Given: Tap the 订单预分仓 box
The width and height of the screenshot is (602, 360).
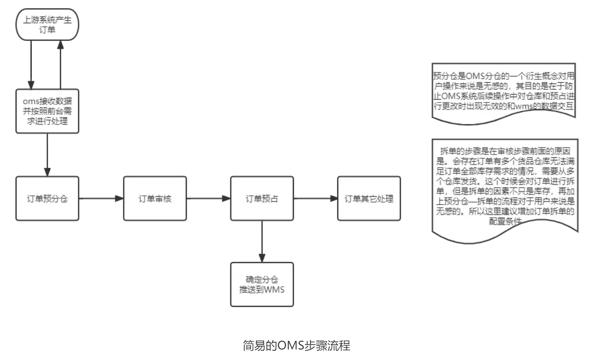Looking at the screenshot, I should pyautogui.click(x=47, y=198).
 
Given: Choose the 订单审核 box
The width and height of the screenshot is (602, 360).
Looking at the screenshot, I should pyautogui.click(x=155, y=198).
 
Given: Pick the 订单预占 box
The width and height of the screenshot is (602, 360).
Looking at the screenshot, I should pyautogui.click(x=262, y=198).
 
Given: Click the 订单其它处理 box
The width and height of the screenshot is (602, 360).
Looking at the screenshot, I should pyautogui.click(x=369, y=198).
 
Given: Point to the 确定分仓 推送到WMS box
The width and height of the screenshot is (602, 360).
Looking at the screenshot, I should pyautogui.click(x=262, y=284).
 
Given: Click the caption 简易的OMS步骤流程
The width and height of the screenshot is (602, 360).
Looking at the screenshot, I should pyautogui.click(x=296, y=346).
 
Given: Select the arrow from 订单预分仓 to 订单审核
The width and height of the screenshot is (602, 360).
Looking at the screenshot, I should pyautogui.click(x=101, y=198).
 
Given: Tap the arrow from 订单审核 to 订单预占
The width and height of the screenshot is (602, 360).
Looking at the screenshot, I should pyautogui.click(x=208, y=198).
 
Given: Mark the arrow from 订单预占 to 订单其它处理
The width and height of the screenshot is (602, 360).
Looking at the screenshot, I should pyautogui.click(x=315, y=198).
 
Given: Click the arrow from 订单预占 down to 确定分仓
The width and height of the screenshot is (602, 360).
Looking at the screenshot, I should pyautogui.click(x=262, y=241).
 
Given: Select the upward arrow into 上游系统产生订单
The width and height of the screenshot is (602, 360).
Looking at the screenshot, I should pyautogui.click(x=61, y=64).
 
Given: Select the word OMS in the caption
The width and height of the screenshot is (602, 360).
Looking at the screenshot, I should pyautogui.click(x=290, y=346).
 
